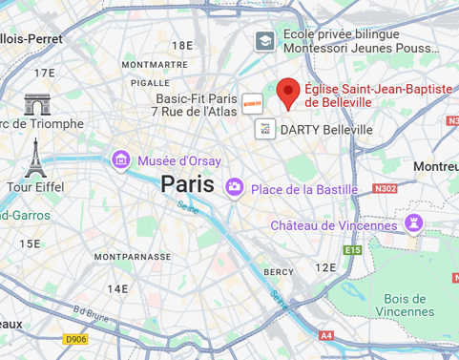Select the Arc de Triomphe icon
coord(37,104)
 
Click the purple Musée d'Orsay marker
coord(121,159)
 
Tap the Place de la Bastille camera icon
coord(234,188)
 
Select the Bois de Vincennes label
coord(405,305)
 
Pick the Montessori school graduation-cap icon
coord(264,41)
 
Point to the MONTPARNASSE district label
coord(133,257)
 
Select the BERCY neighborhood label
coord(279,272)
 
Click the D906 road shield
coord(75,338)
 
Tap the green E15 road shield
coord(353,250)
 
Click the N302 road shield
coord(386,189)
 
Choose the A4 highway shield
coord(326,335)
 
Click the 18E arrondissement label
coord(182,45)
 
